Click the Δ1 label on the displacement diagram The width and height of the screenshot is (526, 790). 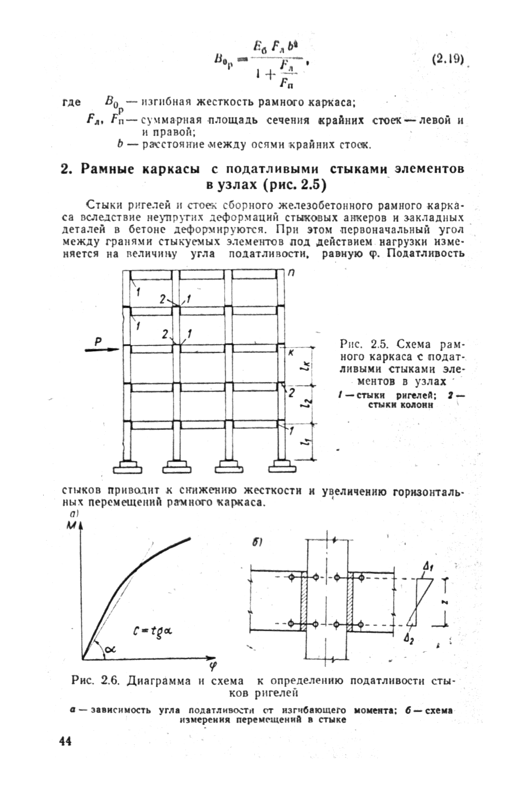pos(427,568)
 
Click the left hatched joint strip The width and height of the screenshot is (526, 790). pos(304,600)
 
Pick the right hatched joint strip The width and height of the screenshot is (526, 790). pos(350,600)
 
